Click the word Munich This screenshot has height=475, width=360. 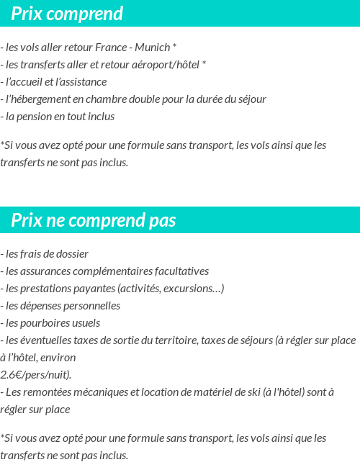click(x=151, y=47)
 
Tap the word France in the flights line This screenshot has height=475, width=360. click(x=112, y=47)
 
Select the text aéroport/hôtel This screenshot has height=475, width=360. click(x=167, y=65)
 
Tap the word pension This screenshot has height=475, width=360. click(x=37, y=117)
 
